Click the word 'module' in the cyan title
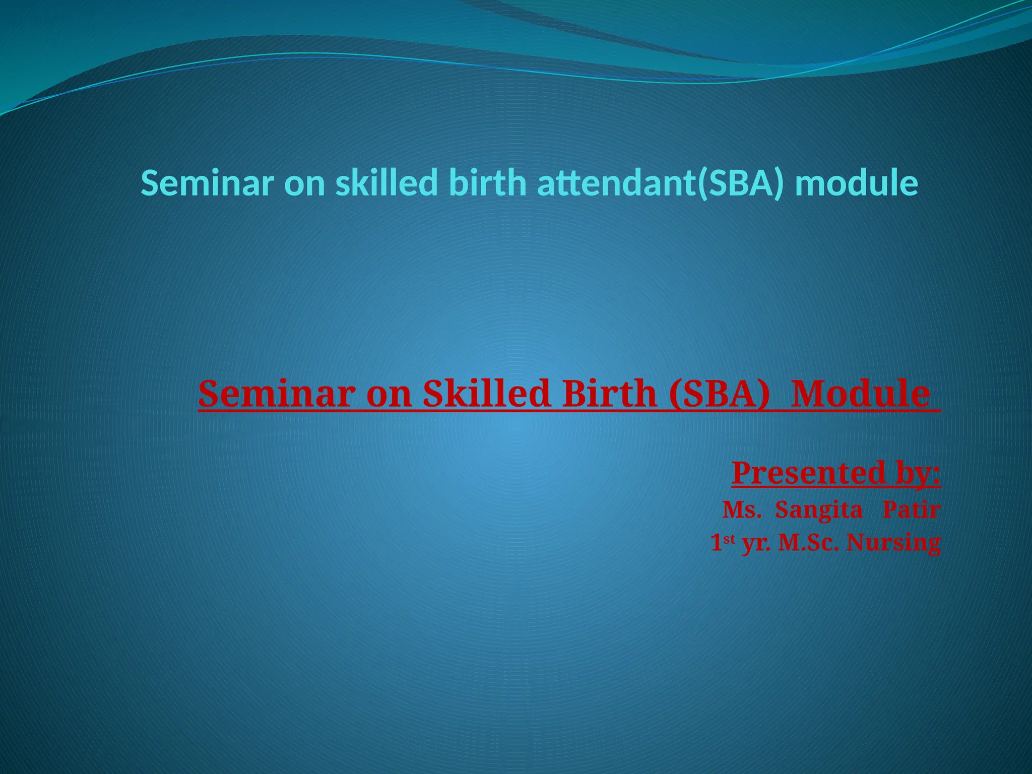coord(856,183)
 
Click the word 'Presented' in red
coord(808,473)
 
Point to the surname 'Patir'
coord(911,510)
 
